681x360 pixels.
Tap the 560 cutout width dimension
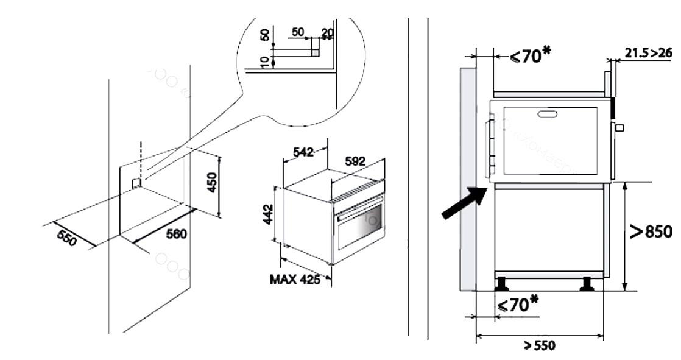click(x=177, y=234)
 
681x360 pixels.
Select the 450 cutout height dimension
click(x=212, y=182)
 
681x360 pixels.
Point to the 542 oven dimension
click(x=303, y=152)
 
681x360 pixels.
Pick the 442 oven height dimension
click(x=269, y=214)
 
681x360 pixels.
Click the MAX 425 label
click(x=295, y=280)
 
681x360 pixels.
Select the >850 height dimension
click(x=651, y=231)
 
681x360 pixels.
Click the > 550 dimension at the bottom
click(x=540, y=345)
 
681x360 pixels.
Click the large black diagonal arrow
click(x=464, y=203)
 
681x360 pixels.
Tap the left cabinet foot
click(x=502, y=284)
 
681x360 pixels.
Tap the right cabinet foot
click(x=588, y=284)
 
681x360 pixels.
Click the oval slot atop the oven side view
click(x=547, y=113)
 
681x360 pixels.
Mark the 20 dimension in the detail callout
click(x=327, y=32)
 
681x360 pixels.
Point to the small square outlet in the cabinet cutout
click(x=136, y=183)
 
